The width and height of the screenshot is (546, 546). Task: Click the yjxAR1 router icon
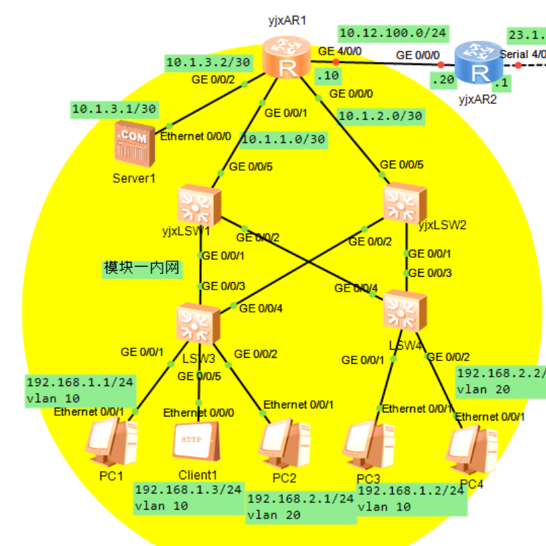click(x=288, y=57)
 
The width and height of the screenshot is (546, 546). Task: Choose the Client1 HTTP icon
click(x=196, y=443)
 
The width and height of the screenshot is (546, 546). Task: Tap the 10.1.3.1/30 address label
click(x=114, y=108)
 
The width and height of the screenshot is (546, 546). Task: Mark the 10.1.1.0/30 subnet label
click(x=283, y=139)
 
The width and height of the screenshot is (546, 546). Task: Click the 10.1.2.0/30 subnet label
click(x=380, y=116)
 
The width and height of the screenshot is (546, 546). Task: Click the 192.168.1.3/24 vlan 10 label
click(x=188, y=497)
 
